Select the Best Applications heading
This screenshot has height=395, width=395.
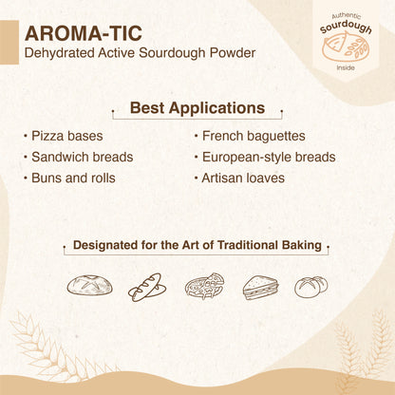pyautogui.click(x=197, y=108)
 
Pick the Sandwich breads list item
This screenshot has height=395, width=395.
pyautogui.click(x=82, y=157)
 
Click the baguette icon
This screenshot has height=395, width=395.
pyautogui.click(x=145, y=286)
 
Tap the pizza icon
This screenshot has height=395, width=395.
pyautogui.click(x=202, y=286)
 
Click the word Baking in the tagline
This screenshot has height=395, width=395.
pyautogui.click(x=298, y=248)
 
